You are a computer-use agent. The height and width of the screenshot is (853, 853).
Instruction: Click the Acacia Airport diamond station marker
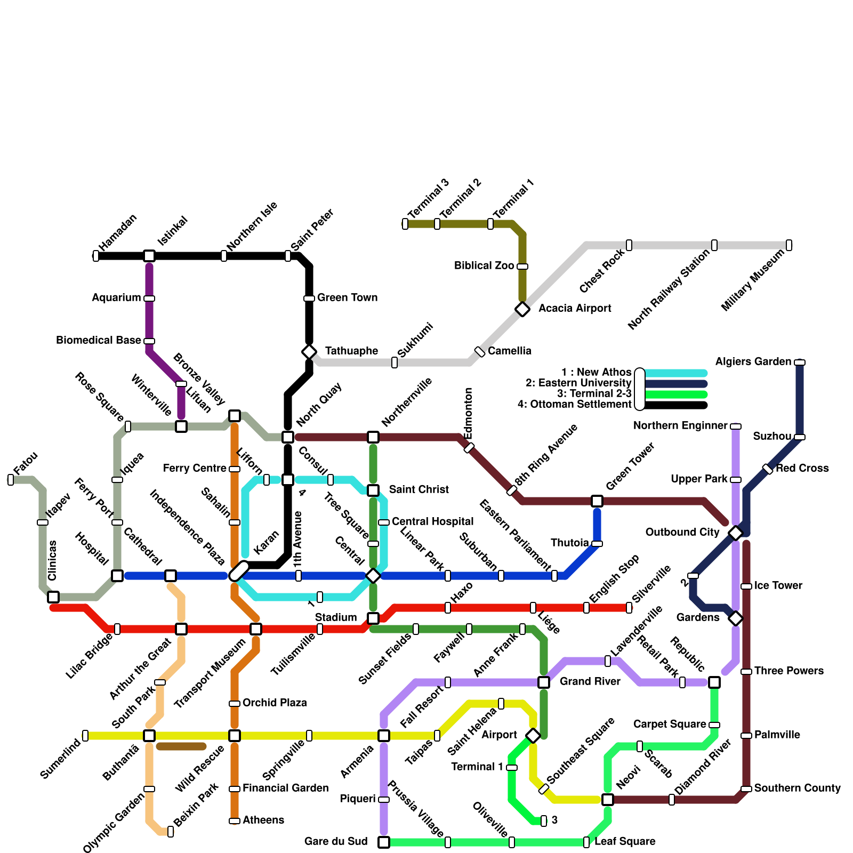click(x=522, y=309)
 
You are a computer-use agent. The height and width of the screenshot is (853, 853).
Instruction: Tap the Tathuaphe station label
click(x=351, y=351)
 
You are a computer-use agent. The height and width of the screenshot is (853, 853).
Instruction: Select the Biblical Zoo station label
click(x=484, y=265)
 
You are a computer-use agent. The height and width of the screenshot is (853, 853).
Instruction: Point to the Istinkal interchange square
click(x=149, y=256)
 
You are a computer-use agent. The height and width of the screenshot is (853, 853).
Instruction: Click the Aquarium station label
click(x=116, y=297)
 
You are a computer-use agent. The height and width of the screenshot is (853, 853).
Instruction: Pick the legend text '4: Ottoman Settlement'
click(x=574, y=404)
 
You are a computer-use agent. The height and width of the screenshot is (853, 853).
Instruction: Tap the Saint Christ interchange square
click(x=373, y=490)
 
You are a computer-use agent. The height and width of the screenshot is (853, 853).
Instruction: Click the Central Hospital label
click(x=432, y=521)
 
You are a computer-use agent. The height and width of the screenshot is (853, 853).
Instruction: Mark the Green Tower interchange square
click(x=597, y=501)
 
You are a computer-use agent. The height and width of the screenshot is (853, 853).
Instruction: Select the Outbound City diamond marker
click(x=736, y=533)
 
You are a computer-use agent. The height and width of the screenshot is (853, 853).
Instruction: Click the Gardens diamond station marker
click(x=736, y=618)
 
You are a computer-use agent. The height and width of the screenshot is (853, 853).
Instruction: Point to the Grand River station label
click(x=590, y=681)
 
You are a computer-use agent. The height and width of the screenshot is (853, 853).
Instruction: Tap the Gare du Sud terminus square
click(x=384, y=842)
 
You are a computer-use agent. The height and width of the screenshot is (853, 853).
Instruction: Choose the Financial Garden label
click(x=285, y=788)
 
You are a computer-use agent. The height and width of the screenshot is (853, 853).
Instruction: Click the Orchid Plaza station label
click(x=275, y=703)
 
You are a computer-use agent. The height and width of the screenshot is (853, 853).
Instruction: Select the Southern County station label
click(x=797, y=788)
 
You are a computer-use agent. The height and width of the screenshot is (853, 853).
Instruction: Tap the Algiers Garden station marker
click(x=800, y=363)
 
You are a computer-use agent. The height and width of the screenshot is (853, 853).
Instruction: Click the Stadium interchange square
click(x=373, y=618)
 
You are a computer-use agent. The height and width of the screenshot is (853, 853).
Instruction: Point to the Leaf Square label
click(x=625, y=841)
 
